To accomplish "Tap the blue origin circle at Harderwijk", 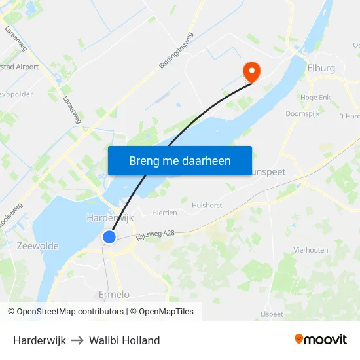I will click(109, 237).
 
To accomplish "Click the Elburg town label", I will click(321, 67).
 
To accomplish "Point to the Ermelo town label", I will click(114, 295).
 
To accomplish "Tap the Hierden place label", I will click(164, 213).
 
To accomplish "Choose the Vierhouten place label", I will click(311, 250).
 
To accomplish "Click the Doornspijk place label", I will click(302, 113).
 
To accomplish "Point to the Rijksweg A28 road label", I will click(155, 233).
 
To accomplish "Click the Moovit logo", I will click(321, 339).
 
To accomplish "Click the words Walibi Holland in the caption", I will click(124, 340).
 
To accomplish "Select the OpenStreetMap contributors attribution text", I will click(65, 312).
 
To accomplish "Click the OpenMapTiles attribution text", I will click(164, 312).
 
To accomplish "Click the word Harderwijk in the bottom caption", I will click(39, 340).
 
